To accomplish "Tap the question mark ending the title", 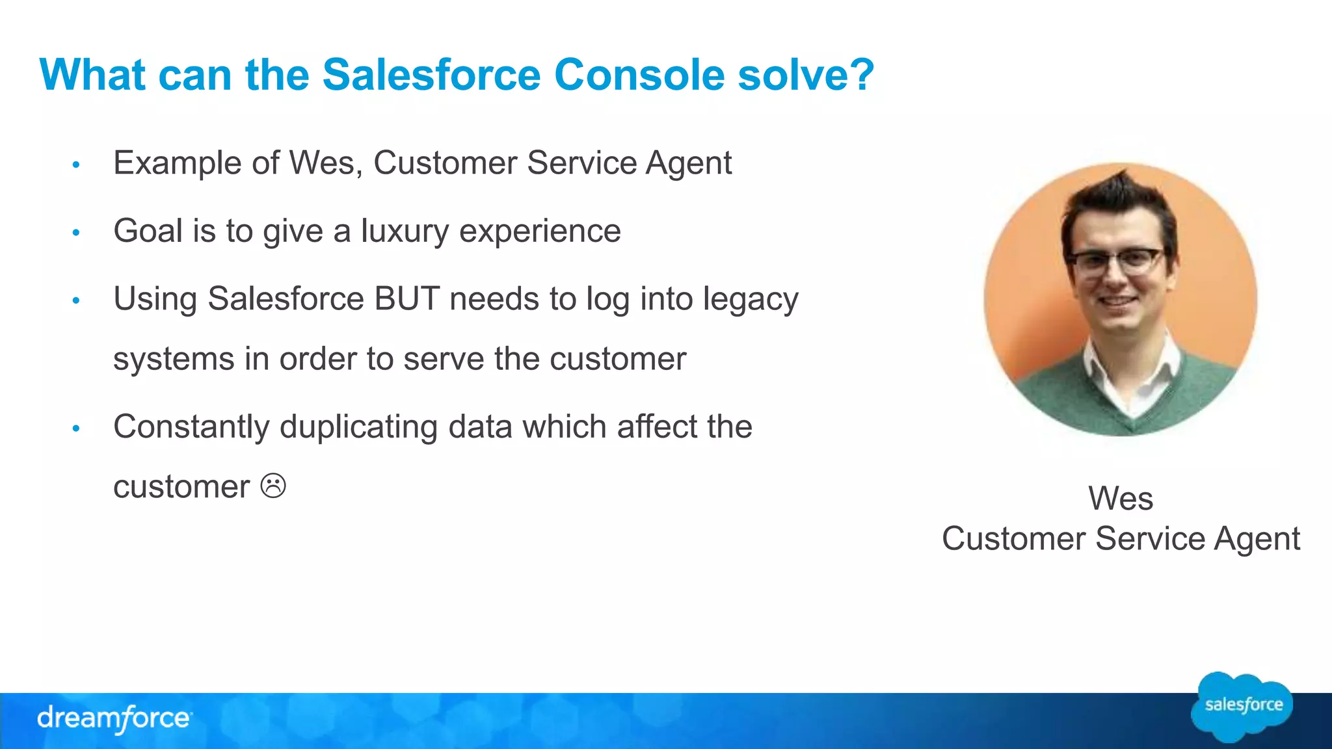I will point(861,75).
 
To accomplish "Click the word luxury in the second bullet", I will point(405,231).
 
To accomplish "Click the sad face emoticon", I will point(273,486).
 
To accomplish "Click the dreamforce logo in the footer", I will point(114,718).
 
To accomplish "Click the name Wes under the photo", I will point(1120,499).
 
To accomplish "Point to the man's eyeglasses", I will point(1116,261).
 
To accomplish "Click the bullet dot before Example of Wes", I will point(76,164).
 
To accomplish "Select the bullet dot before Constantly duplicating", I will point(76,428).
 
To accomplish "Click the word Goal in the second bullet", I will point(148,231).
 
